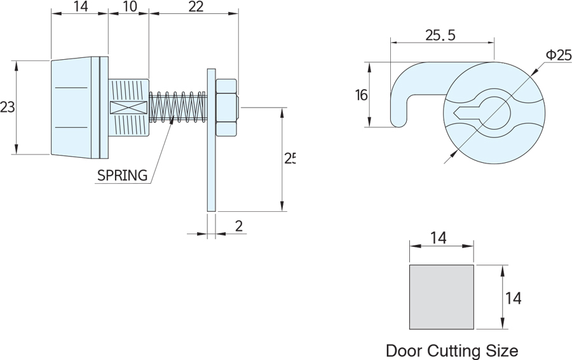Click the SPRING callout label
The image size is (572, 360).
point(122,174)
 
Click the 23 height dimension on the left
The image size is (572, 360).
point(7,107)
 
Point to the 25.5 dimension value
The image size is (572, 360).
point(440,36)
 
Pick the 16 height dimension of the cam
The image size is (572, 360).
point(361,95)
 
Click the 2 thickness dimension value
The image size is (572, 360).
point(238,226)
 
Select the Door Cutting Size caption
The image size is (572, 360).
point(452,350)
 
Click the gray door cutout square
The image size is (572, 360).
point(441,297)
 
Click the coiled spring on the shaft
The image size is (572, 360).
point(178,107)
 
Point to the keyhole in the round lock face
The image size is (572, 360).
point(483,113)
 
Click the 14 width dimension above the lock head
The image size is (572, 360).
point(79,7)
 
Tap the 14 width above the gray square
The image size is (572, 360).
point(439,238)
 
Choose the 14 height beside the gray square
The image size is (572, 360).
point(513,297)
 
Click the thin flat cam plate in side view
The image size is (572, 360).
point(211,140)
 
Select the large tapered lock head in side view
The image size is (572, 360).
point(75,107)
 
